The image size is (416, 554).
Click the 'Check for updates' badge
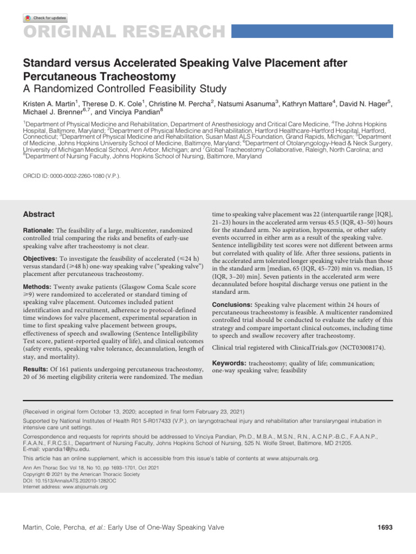[x=45, y=18]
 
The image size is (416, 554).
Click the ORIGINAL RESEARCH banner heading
[x=122, y=31]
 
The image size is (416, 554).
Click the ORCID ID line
[x=71, y=176]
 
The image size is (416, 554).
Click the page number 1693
[x=385, y=527]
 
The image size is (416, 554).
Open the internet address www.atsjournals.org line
[x=65, y=487]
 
